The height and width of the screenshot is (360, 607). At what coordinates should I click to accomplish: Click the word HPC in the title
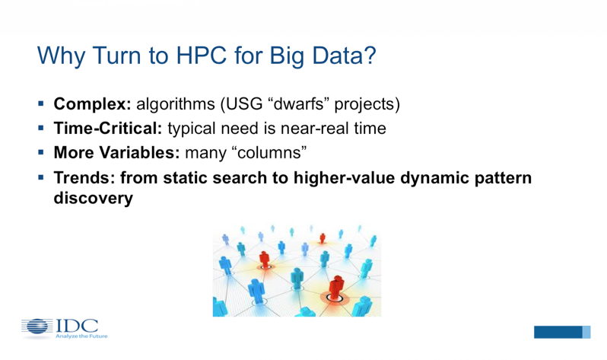(201, 56)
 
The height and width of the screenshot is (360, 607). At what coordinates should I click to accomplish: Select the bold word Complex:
(93, 104)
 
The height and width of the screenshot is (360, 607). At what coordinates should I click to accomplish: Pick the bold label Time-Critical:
(108, 129)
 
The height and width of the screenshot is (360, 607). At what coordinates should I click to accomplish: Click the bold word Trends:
(84, 178)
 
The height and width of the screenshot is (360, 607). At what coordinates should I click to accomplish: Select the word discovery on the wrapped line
(94, 198)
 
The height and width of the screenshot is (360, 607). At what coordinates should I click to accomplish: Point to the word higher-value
(344, 178)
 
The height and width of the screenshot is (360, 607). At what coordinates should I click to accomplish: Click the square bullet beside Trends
(41, 177)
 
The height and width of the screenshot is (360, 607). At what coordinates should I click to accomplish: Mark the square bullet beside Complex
(41, 104)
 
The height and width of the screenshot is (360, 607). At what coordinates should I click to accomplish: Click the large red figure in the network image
(336, 288)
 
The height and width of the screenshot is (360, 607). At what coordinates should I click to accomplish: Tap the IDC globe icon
(37, 327)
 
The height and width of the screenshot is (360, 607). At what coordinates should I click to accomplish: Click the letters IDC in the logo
(77, 326)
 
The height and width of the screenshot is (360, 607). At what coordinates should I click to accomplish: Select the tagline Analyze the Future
(81, 336)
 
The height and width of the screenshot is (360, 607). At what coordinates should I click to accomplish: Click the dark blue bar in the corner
(558, 332)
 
